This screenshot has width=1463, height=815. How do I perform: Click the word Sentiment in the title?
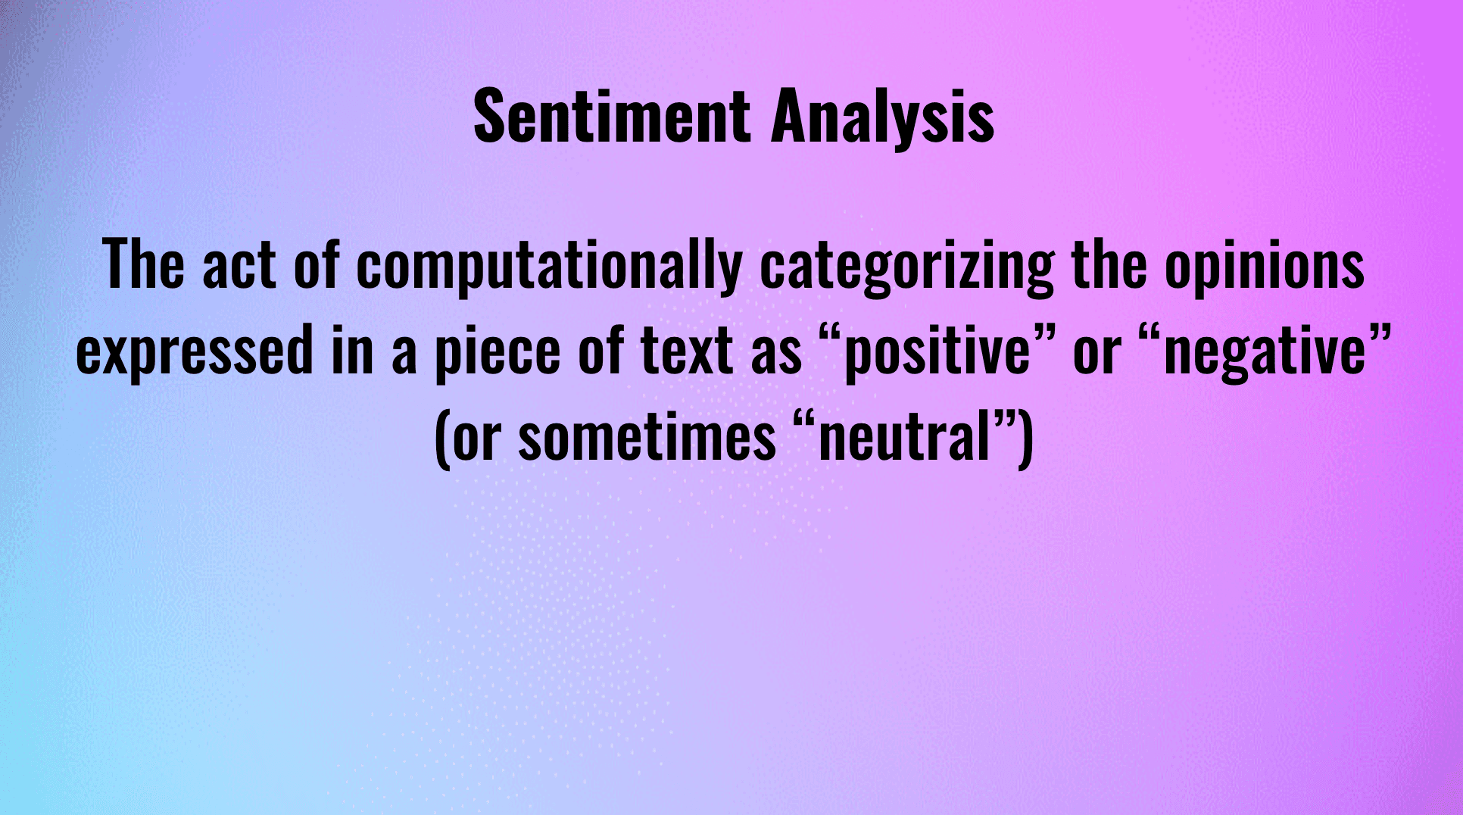[x=612, y=115]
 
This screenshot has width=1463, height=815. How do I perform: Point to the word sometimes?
[x=647, y=437]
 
